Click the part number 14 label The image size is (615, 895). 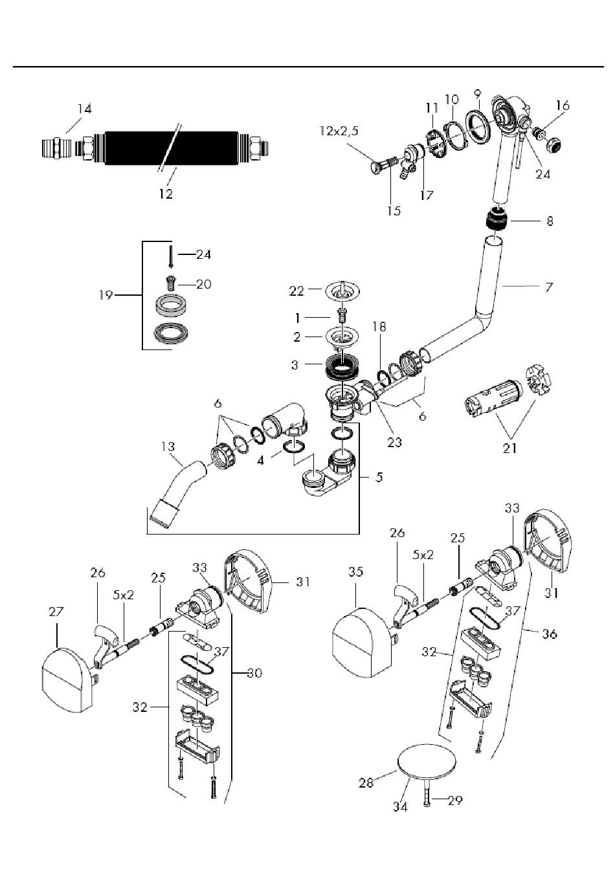[85, 109]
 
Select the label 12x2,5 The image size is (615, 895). [338, 131]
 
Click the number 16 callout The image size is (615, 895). [563, 105]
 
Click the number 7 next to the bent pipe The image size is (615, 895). [549, 285]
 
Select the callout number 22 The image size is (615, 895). [296, 291]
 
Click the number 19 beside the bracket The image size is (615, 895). [106, 295]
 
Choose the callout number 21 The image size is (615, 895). [510, 447]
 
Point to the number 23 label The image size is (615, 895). [394, 443]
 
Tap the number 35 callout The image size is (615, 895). [356, 572]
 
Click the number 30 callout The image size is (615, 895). [254, 673]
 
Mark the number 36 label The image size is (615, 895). [549, 634]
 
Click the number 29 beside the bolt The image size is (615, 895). [455, 801]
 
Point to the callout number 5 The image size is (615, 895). [379, 478]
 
